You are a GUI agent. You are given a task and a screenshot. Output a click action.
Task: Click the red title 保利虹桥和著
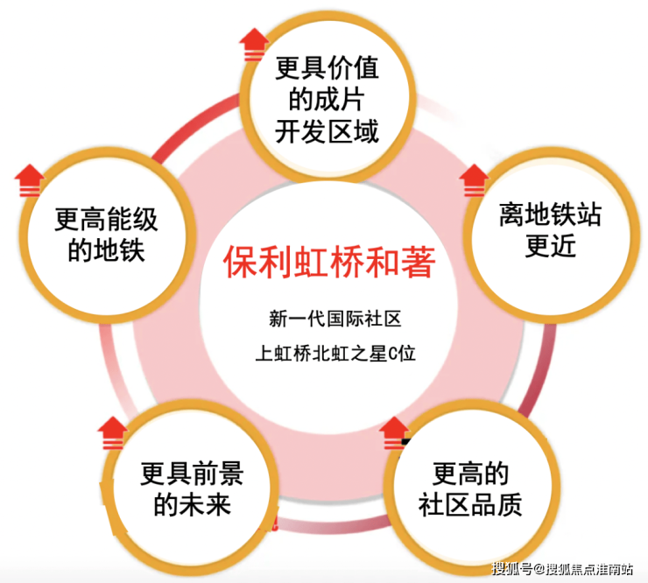click(x=329, y=262)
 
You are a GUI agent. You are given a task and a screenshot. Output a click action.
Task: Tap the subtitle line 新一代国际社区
click(x=335, y=319)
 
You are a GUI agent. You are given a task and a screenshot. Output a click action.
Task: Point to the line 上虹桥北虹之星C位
click(x=335, y=354)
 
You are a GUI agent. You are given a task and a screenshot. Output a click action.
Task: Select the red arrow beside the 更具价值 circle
click(x=253, y=45)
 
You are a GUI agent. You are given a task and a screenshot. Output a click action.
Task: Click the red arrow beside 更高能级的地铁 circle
click(x=29, y=180)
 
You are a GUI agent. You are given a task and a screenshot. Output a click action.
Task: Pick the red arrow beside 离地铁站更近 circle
click(x=474, y=180)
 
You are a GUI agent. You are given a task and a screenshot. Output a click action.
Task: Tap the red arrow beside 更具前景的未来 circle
click(x=112, y=432)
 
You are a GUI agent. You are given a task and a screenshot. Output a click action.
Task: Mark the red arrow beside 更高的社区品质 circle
click(x=394, y=432)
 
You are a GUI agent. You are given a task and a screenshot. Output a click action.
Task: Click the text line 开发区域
click(x=327, y=132)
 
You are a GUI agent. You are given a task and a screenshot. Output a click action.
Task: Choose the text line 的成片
click(x=327, y=100)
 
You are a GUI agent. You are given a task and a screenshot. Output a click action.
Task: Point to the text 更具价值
click(x=327, y=67)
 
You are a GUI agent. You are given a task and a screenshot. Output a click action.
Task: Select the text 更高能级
click(x=106, y=220)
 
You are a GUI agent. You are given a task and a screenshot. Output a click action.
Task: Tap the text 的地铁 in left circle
click(x=106, y=251)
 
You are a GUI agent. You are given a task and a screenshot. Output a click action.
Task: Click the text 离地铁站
click(x=551, y=214)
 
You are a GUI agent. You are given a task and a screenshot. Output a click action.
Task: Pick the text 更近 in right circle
click(x=551, y=246)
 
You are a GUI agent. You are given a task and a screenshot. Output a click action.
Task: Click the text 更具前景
click(x=192, y=474)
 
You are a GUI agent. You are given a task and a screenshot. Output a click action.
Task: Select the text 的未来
click(x=192, y=505)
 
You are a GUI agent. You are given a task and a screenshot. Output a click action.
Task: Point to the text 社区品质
click(x=470, y=505)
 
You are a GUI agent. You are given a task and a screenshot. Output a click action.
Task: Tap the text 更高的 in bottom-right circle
click(x=470, y=474)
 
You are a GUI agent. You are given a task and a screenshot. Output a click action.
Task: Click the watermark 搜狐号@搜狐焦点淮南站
click(x=562, y=569)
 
